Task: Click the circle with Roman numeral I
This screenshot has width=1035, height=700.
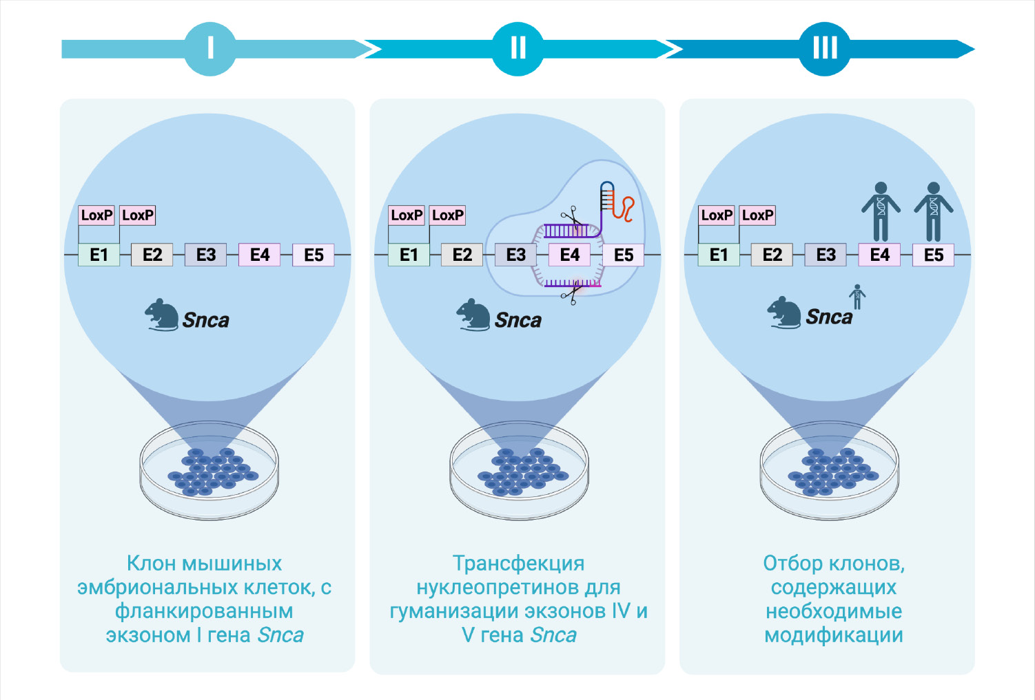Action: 210,48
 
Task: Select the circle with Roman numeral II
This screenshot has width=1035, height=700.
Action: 518,48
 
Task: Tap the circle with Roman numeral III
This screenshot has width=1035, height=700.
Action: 825,48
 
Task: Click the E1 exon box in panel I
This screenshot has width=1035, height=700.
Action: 99,255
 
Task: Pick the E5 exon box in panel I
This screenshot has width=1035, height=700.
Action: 314,255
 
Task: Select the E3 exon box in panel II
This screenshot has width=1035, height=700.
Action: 516,255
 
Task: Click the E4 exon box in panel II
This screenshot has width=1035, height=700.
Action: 570,255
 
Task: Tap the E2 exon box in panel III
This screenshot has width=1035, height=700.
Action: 772,255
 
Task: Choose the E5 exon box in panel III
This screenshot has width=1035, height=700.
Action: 934,255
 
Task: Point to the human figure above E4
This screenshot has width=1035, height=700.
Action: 881,211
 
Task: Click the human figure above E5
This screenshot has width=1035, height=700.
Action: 934,211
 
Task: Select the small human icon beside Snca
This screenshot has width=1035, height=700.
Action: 857,297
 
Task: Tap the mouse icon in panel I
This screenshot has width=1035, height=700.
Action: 163,315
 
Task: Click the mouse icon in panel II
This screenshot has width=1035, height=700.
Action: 473,315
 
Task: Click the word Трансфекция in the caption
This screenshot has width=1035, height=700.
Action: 518,564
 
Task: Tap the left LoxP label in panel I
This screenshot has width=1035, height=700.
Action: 96,215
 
